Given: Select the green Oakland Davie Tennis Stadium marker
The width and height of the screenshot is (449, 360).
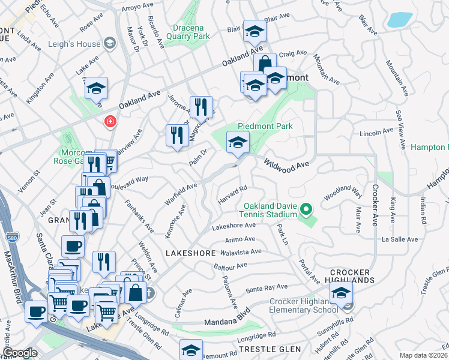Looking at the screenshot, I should point(306,210).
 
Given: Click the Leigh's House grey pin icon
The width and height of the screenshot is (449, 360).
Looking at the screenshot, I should point(110,43).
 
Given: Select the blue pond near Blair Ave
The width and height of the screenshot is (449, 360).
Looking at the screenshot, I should point(399,20).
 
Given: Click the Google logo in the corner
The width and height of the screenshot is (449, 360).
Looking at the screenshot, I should point(20,353).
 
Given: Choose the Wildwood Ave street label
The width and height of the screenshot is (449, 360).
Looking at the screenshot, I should point(286,163).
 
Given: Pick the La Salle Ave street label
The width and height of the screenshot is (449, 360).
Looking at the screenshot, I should point(399,239).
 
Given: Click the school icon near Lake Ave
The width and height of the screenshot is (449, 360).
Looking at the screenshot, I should point(96,88).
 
